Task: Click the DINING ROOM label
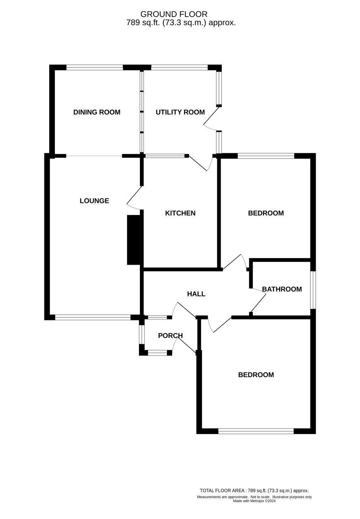coord(97,112)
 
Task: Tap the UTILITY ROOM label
coord(180,112)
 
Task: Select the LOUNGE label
coord(94,201)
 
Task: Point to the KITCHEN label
coord(180,213)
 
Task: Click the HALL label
coord(196,294)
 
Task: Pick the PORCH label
coord(170,335)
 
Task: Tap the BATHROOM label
coord(282,289)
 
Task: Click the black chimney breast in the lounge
coord(134,240)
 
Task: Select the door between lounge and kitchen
coord(134,198)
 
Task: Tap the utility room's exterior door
coord(211,118)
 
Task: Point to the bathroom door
coord(258,300)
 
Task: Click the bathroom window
coord(313,290)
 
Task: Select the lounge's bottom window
coord(93,317)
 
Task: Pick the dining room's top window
coord(95,67)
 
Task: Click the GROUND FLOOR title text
coord(174,14)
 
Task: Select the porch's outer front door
coord(184,345)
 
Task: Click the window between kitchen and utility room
coord(165,156)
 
